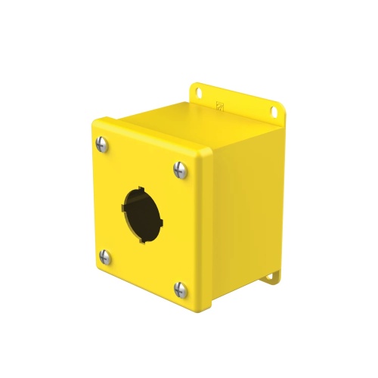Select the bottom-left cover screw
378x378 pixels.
click(x=106, y=258)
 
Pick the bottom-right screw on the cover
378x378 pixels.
click(x=181, y=287)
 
